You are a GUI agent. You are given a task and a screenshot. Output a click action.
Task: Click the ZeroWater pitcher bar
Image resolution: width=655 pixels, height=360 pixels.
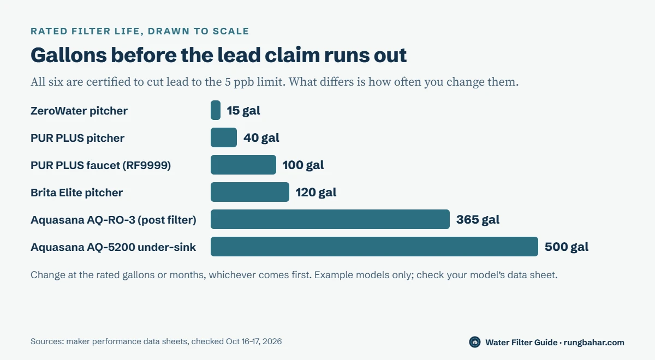(x=216, y=110)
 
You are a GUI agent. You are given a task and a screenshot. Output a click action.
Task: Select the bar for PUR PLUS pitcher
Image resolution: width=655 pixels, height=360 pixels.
(x=224, y=137)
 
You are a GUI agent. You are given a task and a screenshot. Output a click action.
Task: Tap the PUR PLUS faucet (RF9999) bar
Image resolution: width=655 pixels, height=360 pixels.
(x=243, y=165)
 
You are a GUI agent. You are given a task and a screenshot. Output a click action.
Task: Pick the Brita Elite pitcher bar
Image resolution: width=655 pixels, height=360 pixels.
(x=250, y=192)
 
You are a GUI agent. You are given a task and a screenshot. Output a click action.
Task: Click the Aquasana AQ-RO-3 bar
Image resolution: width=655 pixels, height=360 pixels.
(x=330, y=219)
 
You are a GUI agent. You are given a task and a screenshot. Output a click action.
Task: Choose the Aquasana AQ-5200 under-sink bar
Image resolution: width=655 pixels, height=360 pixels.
(x=374, y=247)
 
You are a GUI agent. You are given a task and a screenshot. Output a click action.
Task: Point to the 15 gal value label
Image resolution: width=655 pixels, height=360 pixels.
(x=243, y=110)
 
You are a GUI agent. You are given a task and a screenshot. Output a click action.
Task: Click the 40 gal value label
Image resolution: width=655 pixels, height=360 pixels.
(x=261, y=137)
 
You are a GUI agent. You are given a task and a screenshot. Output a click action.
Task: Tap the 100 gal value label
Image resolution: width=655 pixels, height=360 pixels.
(x=303, y=165)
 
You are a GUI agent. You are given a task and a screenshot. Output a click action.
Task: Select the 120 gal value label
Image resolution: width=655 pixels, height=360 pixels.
(x=316, y=192)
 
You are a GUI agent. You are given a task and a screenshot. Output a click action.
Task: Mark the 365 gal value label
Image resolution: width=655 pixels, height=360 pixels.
(x=478, y=219)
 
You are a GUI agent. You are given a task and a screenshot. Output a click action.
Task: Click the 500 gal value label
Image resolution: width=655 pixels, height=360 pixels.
(x=567, y=247)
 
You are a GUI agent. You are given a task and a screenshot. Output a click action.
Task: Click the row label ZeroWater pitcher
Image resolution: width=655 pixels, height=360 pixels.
(x=79, y=111)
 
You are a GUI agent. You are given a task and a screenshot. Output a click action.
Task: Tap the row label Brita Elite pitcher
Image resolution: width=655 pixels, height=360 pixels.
(x=76, y=193)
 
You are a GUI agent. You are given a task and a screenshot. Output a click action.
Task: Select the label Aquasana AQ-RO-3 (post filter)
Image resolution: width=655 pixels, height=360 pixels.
(x=114, y=220)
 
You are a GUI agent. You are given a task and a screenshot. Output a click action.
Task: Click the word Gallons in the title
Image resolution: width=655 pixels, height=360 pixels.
(x=69, y=55)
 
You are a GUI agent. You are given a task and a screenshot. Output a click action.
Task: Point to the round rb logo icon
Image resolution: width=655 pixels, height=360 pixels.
(x=475, y=342)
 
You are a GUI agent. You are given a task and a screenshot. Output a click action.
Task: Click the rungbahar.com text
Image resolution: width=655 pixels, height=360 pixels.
(x=594, y=342)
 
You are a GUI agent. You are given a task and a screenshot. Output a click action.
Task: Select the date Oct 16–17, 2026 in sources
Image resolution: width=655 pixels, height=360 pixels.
(x=254, y=341)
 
